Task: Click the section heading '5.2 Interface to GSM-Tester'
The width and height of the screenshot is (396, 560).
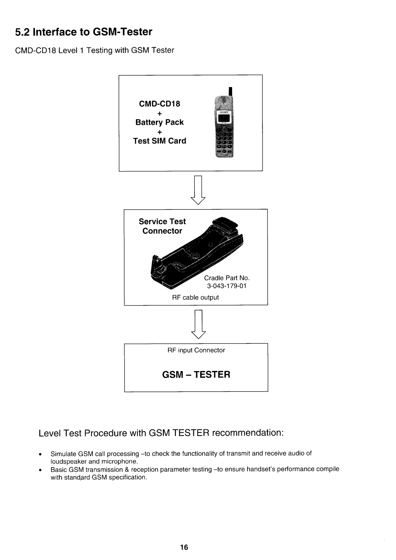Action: pos(83,32)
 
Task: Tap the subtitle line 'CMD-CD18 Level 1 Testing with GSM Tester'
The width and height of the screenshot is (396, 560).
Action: pos(95,50)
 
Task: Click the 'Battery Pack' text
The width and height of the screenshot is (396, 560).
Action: pos(159,122)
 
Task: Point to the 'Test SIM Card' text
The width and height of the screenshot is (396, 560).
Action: pos(159,141)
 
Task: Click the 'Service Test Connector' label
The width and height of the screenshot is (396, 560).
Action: pos(162,226)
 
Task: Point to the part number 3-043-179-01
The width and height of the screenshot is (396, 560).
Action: pos(227,286)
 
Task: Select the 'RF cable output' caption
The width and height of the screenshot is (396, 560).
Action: pos(195,298)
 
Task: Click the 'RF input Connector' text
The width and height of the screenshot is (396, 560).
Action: pos(196,350)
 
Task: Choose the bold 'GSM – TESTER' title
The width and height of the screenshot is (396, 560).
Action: pos(196,374)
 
